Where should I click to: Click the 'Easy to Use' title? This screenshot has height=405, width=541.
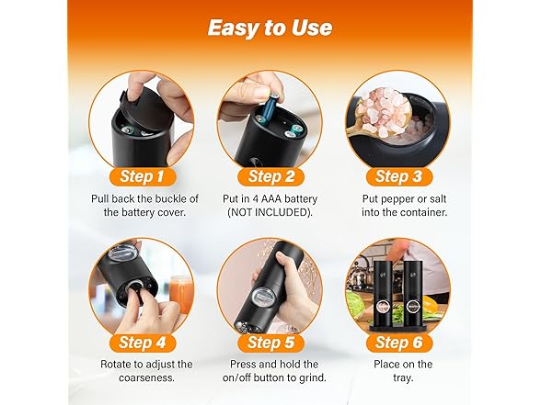coord(270,28)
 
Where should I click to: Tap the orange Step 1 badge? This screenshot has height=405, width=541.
coord(143,176)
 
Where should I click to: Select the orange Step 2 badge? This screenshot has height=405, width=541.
coord(270,176)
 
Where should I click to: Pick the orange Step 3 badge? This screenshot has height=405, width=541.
coord(399,176)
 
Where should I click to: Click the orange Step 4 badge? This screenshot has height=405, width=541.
coord(143,343)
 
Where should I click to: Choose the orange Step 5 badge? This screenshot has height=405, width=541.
coord(270,343)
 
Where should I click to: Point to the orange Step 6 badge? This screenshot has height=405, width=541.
coord(399,343)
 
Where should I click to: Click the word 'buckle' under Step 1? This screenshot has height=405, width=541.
coord(171,199)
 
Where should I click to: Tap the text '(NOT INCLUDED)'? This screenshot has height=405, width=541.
coord(270,212)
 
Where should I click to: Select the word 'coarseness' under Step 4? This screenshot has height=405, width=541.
coord(145,378)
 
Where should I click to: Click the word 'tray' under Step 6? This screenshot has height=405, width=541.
coord(402,378)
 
